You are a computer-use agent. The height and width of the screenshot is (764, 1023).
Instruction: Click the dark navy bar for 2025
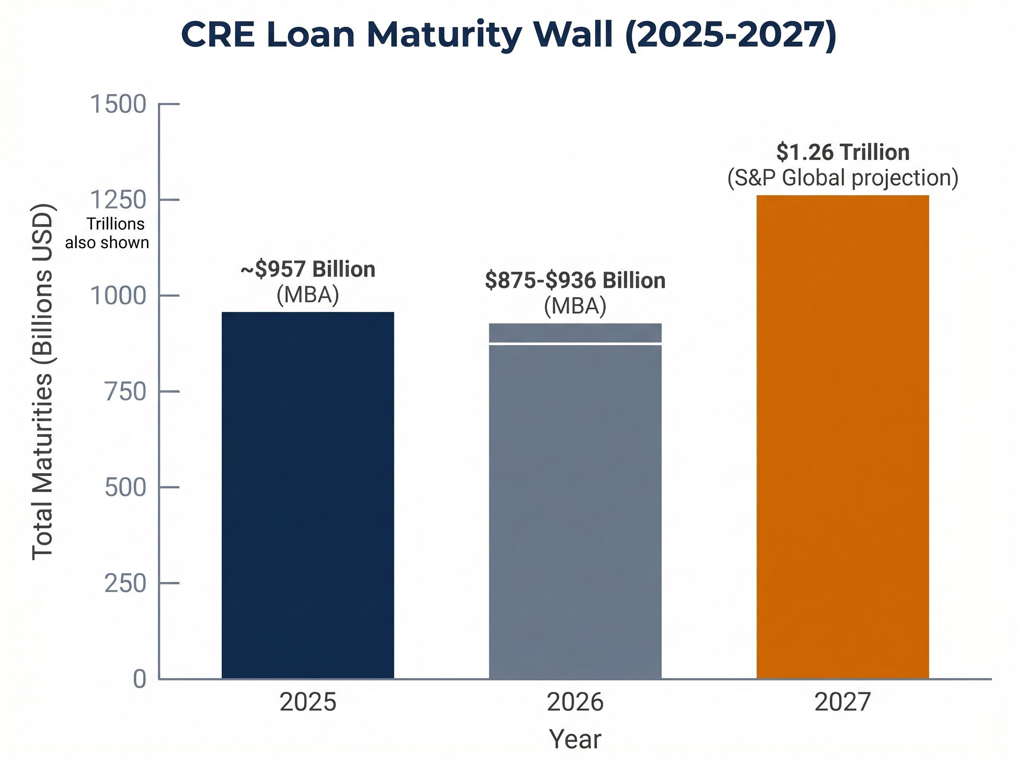point(308,495)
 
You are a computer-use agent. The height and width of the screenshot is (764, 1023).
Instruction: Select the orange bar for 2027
point(842,437)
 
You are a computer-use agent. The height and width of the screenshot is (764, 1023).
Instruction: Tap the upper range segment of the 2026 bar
point(575,333)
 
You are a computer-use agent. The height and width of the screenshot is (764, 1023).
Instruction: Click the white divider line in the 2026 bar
point(575,344)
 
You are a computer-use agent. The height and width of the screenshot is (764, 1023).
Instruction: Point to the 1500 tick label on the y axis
point(118,104)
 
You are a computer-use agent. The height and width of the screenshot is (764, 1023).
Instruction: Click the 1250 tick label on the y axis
point(118,200)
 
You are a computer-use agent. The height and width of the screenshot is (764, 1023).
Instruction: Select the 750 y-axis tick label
point(125,392)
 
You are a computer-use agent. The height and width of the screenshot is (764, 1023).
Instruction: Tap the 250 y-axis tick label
point(125,583)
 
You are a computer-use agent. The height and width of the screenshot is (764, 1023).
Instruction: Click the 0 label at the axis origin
point(139,679)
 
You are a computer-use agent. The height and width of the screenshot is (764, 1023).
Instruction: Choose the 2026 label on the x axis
point(575,702)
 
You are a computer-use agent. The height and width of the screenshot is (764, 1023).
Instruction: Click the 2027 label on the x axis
point(842,702)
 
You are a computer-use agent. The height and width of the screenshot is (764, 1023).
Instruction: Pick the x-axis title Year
point(575,739)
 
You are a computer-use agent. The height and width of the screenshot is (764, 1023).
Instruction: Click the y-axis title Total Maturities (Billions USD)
point(43,382)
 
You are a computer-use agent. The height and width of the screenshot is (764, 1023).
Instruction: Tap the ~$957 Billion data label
point(308,269)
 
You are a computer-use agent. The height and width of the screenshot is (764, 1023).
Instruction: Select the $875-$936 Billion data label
point(575,280)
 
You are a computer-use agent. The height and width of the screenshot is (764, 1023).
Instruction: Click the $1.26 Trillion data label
point(843,152)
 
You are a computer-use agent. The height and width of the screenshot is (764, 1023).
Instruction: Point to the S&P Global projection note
point(843,178)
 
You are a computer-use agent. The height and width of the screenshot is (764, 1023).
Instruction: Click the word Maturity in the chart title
point(444,35)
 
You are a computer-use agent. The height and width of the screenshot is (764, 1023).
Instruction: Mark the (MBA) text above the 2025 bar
point(308,295)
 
